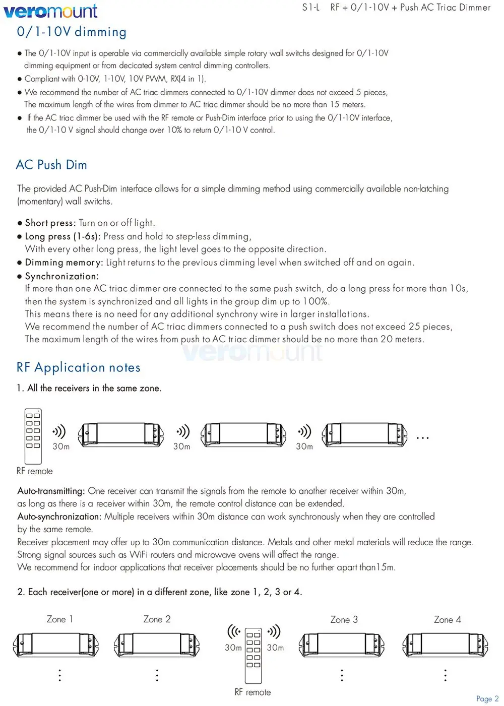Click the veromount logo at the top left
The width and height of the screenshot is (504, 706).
(50, 11)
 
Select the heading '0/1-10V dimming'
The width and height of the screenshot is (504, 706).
(72, 32)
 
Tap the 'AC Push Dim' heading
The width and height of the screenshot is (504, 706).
(51, 165)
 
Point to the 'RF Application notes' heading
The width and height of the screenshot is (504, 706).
(78, 368)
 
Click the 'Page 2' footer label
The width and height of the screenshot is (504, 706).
(487, 698)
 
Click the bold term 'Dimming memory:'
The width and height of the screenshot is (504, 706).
(64, 263)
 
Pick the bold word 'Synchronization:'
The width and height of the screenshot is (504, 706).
(61, 276)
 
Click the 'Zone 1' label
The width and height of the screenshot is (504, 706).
(59, 619)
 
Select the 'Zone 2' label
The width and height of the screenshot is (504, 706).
(157, 619)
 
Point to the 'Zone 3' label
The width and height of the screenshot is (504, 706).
(344, 620)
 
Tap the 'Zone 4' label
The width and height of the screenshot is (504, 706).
(447, 620)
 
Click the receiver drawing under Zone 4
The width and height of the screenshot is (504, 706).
(446, 645)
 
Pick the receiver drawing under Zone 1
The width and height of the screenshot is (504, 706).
(55, 645)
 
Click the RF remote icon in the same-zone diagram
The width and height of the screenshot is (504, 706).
(33, 436)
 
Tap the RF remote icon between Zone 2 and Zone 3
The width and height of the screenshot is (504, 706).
(253, 655)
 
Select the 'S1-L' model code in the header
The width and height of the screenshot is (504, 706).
(311, 8)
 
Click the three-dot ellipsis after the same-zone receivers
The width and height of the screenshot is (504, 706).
(422, 438)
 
